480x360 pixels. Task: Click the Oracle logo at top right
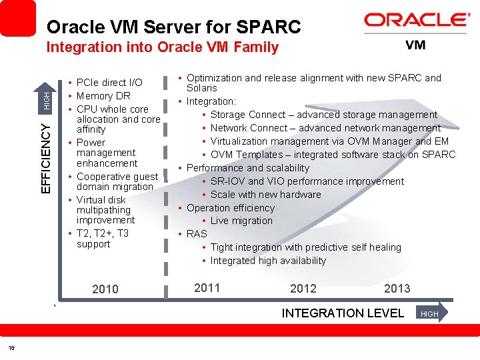(x=417, y=20)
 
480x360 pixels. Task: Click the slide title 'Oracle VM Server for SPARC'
(x=174, y=27)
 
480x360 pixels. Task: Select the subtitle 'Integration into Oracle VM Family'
(x=162, y=47)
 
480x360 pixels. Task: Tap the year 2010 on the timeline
(x=105, y=289)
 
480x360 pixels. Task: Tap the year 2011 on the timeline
(x=207, y=288)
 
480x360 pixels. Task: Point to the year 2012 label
(x=303, y=289)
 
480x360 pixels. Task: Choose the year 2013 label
(x=397, y=289)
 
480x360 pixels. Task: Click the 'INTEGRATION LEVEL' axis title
(x=343, y=313)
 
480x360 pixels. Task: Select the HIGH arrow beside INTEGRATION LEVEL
(x=431, y=313)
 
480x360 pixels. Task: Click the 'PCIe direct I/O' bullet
(x=109, y=83)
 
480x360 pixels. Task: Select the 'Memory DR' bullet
(x=103, y=96)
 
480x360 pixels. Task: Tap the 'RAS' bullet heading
(x=197, y=234)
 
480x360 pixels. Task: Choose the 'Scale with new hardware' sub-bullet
(x=265, y=195)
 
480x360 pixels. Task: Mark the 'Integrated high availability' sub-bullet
(x=268, y=261)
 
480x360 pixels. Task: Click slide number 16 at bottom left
(x=11, y=349)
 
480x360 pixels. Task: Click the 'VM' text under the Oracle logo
(x=415, y=45)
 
